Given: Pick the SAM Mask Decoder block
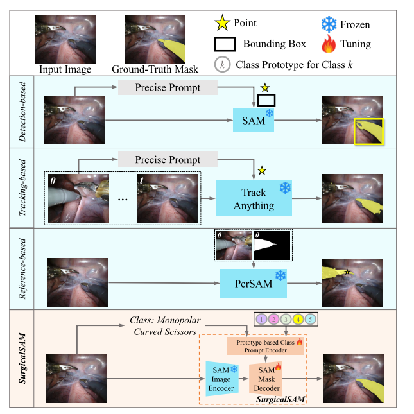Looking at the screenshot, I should (x=270, y=377).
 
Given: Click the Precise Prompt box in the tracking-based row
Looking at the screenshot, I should (x=168, y=160).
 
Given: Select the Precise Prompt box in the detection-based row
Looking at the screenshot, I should (x=168, y=87).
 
